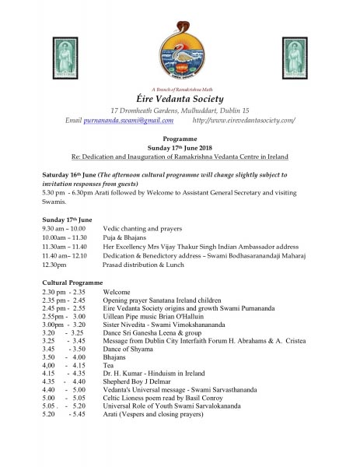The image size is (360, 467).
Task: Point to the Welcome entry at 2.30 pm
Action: click(117, 290)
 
